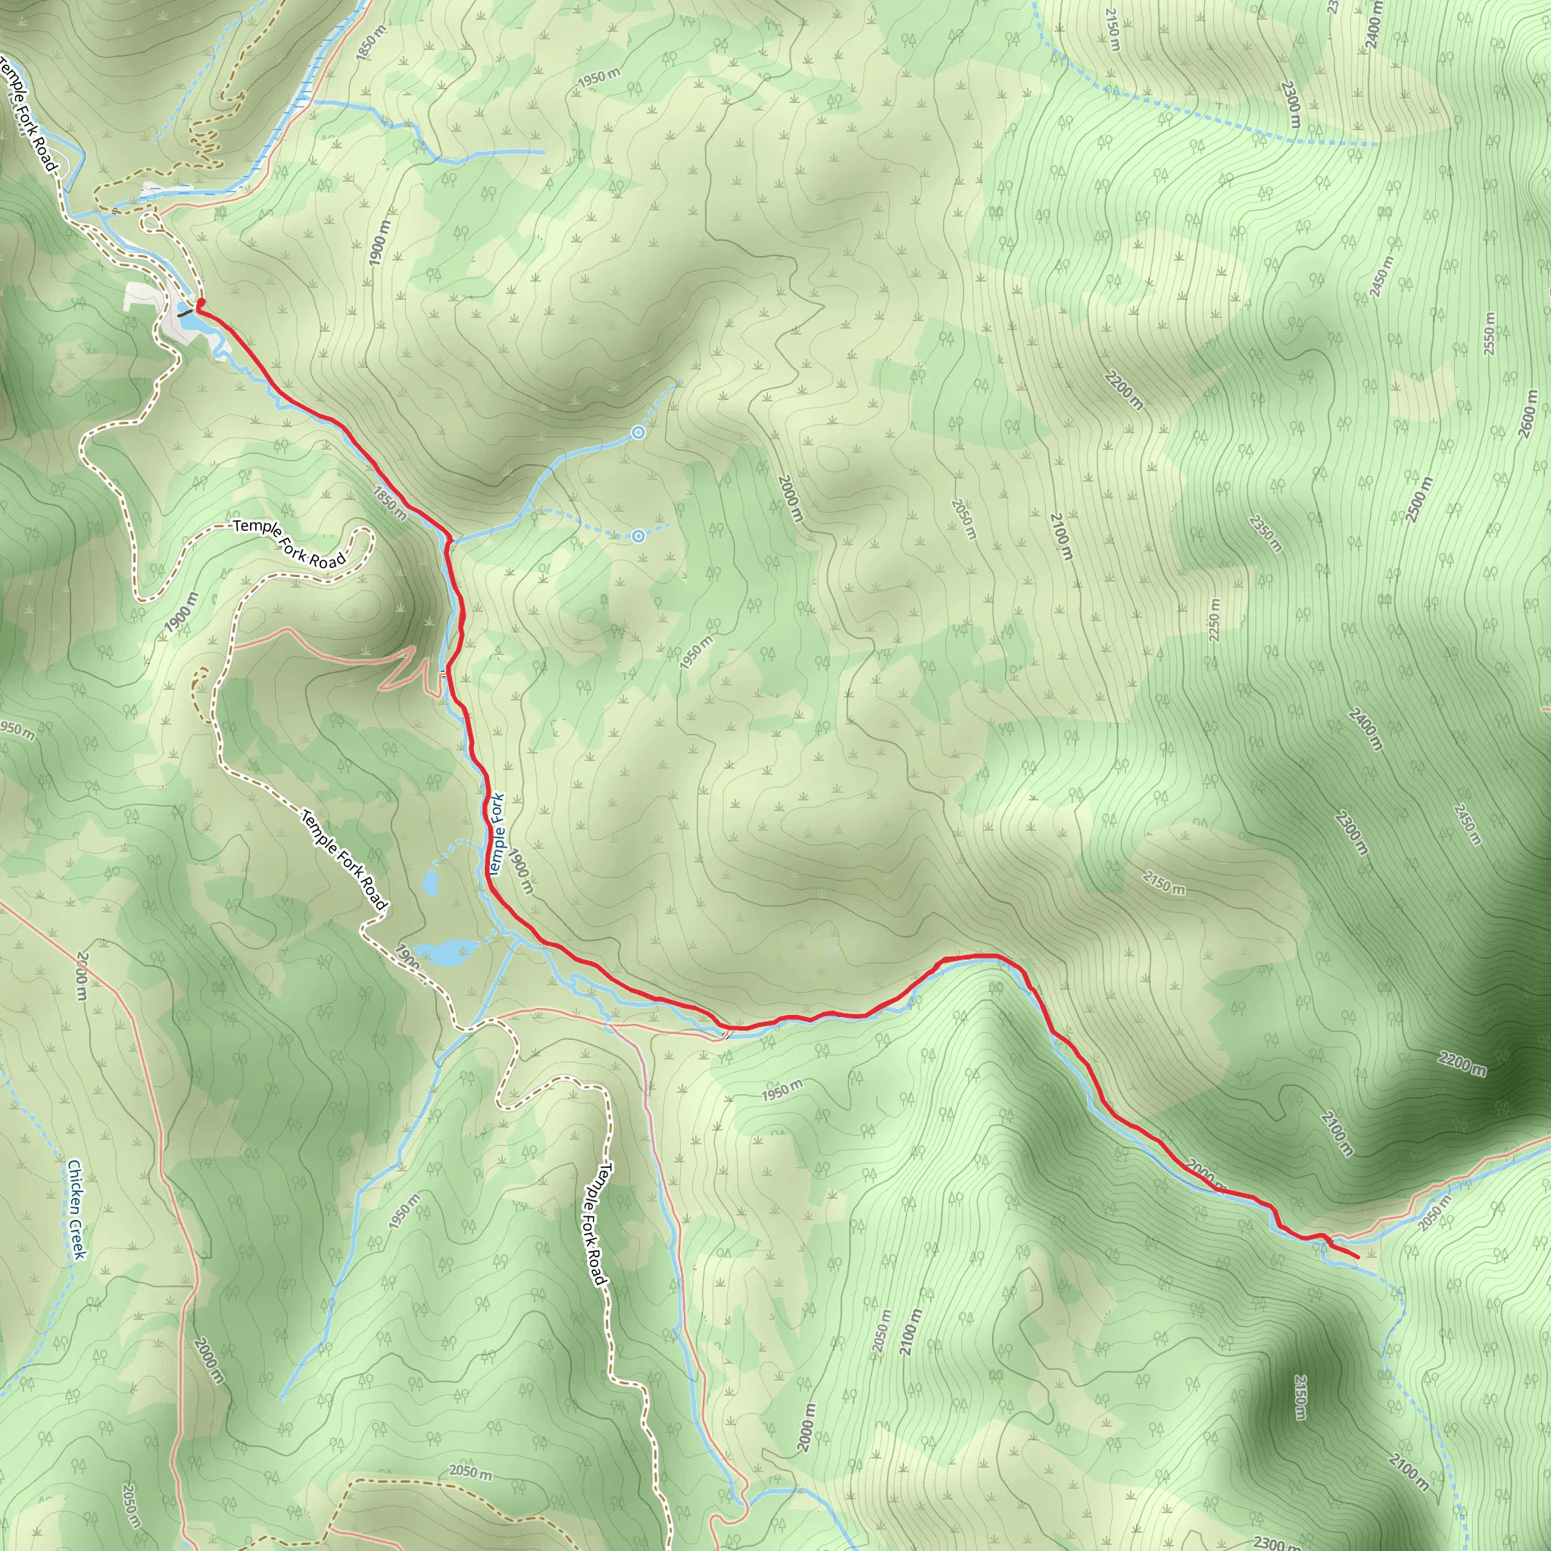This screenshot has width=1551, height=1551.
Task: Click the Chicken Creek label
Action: click(76, 1209)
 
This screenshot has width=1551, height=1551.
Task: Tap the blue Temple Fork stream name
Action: click(496, 834)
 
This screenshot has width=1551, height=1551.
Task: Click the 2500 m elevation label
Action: click(1418, 499)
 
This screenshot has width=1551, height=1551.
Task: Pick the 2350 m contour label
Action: click(1266, 534)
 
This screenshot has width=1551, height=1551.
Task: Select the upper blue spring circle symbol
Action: click(638, 432)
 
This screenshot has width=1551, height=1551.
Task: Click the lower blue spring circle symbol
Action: click(638, 536)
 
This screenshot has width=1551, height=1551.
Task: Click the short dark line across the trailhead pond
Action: click(186, 313)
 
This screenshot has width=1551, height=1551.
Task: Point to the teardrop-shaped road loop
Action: click(150, 221)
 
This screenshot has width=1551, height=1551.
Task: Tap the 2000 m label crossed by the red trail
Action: click(1206, 1173)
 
